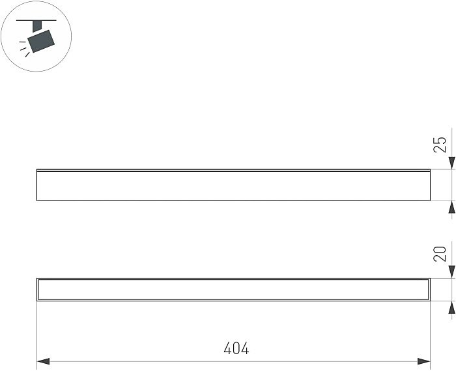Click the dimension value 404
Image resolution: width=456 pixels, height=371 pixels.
236,348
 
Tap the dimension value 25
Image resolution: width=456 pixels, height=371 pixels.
440,144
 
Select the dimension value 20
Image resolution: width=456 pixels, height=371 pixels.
440,254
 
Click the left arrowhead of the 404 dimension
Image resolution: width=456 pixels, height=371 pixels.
43,362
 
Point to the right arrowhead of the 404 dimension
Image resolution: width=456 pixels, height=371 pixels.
423,362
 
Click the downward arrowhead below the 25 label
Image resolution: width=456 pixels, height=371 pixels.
451,163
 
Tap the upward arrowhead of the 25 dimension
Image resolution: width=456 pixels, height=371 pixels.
451,207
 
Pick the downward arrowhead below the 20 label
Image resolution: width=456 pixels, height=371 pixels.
451,272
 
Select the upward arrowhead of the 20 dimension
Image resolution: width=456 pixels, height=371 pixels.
451,307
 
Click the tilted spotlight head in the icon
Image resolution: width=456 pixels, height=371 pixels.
41,41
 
